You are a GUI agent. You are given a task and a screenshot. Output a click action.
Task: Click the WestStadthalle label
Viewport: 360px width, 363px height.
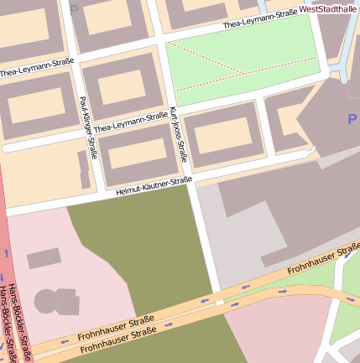point(327,9)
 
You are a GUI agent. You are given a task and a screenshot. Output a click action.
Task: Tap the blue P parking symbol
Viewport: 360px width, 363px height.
point(352,120)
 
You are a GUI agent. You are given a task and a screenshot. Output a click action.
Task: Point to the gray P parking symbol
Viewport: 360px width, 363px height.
point(74,10)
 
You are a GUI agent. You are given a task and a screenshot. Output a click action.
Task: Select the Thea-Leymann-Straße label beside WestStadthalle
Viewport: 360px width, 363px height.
point(261,18)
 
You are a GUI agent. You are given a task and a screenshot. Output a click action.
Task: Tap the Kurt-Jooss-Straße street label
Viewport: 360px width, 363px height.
point(178,134)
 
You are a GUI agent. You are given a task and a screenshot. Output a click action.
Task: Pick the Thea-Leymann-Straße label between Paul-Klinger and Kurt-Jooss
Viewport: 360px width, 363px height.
point(131,123)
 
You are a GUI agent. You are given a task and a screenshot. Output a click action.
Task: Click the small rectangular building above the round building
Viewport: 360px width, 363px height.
point(44,258)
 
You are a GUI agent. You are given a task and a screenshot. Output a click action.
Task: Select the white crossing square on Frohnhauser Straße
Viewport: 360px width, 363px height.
point(219,301)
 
